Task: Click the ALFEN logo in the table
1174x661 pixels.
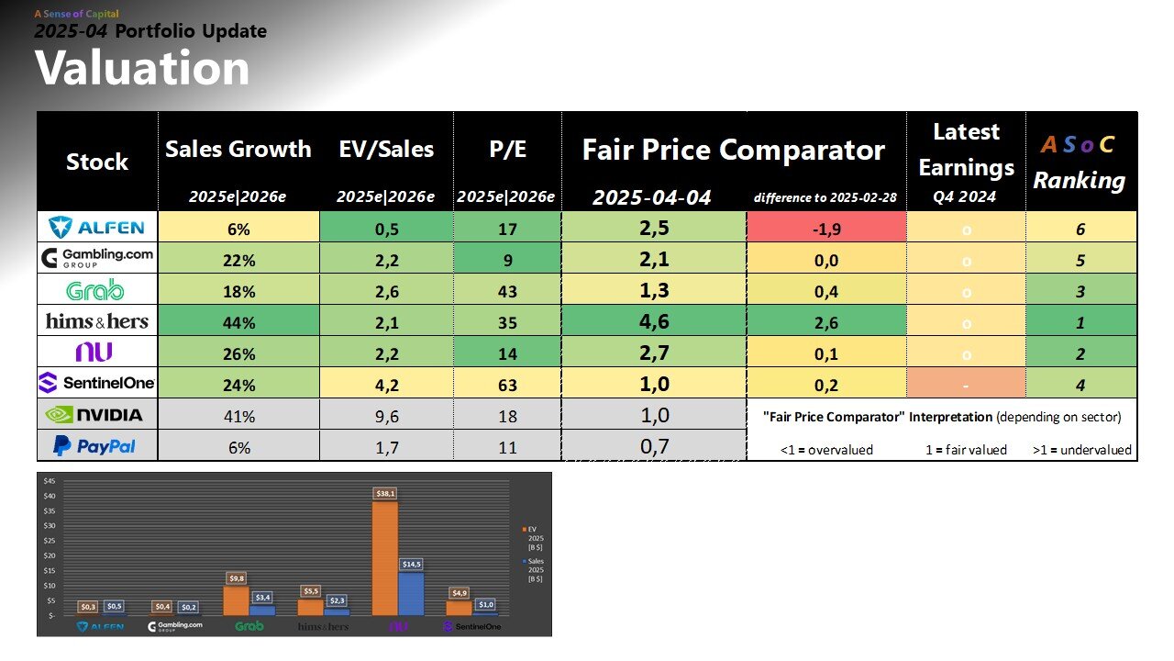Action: click(x=97, y=228)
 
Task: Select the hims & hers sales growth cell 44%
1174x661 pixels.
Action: click(x=238, y=321)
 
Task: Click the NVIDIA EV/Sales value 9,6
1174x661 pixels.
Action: click(x=385, y=415)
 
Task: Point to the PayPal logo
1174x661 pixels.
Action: click(x=97, y=446)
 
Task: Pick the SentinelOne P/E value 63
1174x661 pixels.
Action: click(x=506, y=384)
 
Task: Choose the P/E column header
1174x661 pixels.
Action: click(x=506, y=149)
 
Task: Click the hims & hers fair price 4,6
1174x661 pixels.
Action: click(x=653, y=321)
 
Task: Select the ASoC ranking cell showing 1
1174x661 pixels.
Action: click(x=1080, y=322)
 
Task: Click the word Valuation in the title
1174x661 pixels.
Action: click(x=142, y=69)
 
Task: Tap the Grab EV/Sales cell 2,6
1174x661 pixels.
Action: click(x=385, y=291)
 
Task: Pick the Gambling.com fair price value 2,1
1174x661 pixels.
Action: click(x=653, y=260)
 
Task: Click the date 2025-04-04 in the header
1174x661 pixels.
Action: click(x=652, y=197)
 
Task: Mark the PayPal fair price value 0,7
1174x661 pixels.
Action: click(x=653, y=446)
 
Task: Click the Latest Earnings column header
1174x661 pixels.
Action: click(x=965, y=150)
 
